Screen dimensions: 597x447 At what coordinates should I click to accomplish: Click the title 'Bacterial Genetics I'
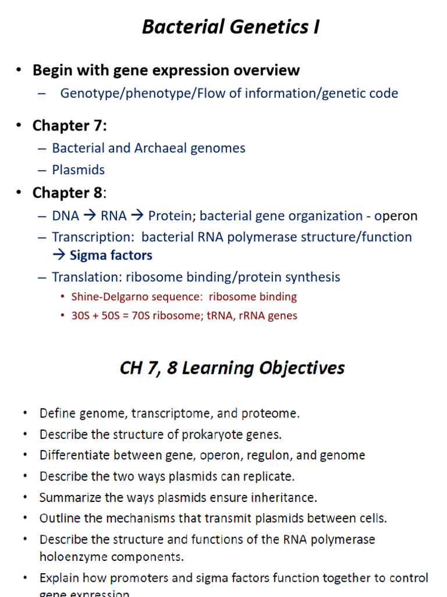tap(230, 27)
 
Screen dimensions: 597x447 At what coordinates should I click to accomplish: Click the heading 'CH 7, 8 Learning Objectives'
tap(232, 368)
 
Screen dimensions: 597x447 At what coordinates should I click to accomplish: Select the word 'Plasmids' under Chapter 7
tap(79, 170)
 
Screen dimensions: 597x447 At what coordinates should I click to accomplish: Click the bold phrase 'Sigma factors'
tap(111, 255)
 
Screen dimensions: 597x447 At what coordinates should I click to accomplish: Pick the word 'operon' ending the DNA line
tap(396, 216)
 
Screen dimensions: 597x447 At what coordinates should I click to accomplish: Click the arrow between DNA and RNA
tap(90, 216)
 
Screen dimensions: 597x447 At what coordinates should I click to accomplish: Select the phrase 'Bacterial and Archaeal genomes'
tap(148, 148)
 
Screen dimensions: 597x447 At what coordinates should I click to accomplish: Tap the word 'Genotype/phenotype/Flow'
tap(136, 93)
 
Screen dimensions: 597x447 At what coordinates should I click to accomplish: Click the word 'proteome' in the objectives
tap(272, 414)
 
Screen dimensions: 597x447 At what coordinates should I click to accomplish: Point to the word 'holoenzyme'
tap(73, 557)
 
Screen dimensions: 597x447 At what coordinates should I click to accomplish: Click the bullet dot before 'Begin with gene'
tap(19, 70)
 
